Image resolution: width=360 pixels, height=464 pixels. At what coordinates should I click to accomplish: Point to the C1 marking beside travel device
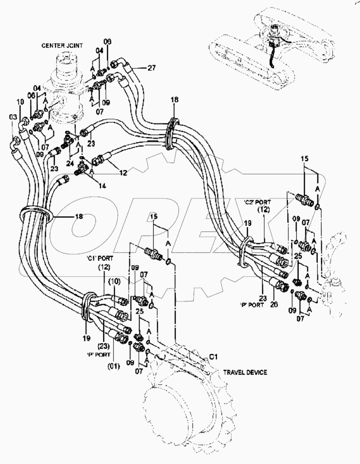pos(214,358)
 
